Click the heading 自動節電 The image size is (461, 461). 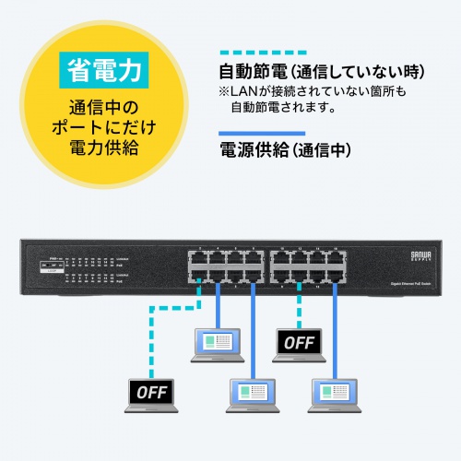[x=251, y=73]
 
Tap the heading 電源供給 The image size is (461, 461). [x=251, y=149]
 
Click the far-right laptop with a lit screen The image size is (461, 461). [x=337, y=394]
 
